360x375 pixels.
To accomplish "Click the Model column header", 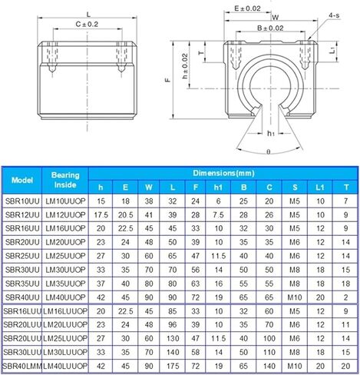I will pyautogui.click(x=22, y=180).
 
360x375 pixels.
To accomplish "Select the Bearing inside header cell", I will pyautogui.click(x=66, y=180).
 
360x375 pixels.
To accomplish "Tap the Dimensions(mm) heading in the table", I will pyautogui.click(x=223, y=173).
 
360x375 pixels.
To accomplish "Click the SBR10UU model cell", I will pyautogui.click(x=22, y=200).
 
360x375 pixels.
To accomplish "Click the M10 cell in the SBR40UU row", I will pyautogui.click(x=296, y=297).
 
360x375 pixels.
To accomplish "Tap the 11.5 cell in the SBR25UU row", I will pyautogui.click(x=219, y=255).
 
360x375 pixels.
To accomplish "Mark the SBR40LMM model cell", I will pyautogui.click(x=22, y=366).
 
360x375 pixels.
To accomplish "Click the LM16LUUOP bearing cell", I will pyautogui.click(x=66, y=310).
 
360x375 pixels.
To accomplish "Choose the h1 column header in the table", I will pyautogui.click(x=219, y=187).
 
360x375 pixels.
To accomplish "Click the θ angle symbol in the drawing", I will pyautogui.click(x=267, y=151).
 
